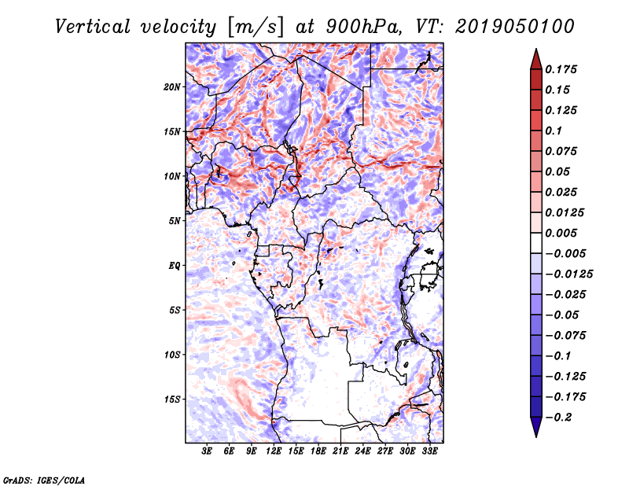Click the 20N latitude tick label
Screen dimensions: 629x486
tap(172, 87)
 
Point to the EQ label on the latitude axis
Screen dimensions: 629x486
tap(175, 266)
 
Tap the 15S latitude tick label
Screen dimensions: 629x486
tap(172, 399)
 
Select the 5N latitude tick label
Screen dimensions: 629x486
tap(175, 221)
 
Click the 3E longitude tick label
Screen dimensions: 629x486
tap(207, 451)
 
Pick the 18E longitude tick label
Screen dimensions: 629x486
tap(318, 451)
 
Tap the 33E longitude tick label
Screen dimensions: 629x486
tap(429, 451)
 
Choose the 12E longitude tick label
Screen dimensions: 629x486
tap(274, 451)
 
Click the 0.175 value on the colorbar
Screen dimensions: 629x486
tap(561, 69)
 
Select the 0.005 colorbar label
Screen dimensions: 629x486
tap(561, 233)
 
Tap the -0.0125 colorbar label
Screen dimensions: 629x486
tap(568, 274)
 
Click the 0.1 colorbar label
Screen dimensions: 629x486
tap(554, 131)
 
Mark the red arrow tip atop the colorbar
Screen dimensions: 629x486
tap(536, 49)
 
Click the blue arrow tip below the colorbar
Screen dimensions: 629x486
tap(536, 437)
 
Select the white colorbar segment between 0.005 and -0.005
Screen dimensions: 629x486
tap(536, 243)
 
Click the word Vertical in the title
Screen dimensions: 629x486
tap(93, 27)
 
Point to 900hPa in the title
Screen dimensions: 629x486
tap(363, 27)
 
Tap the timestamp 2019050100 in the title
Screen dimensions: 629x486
tap(515, 27)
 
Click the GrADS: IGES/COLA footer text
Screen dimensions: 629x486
tap(44, 480)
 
